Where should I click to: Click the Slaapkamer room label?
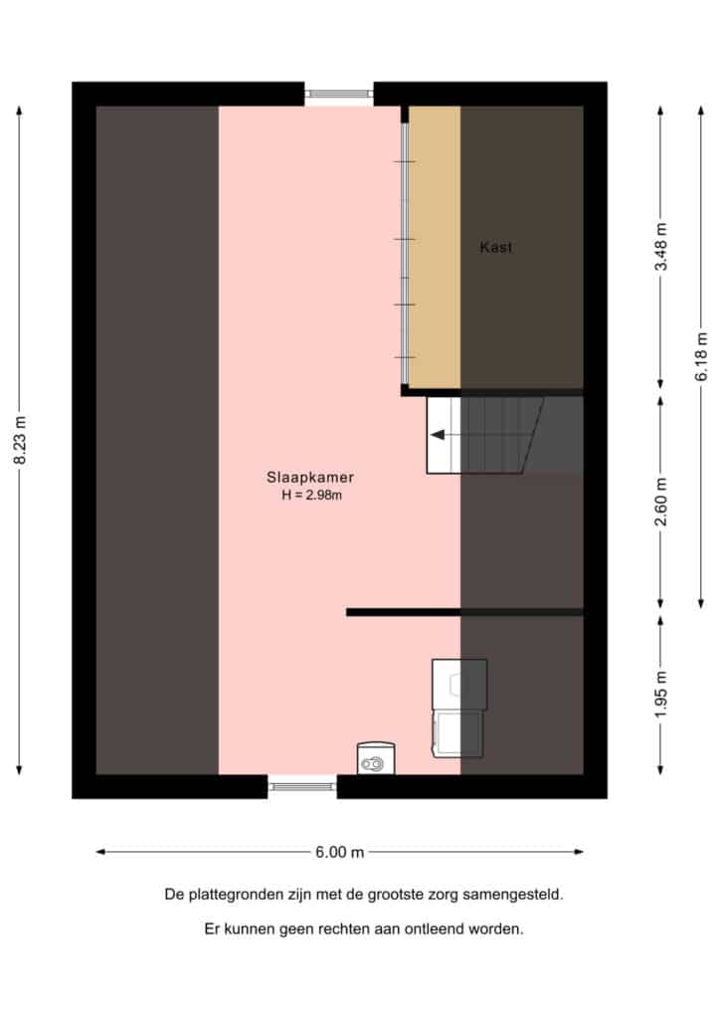coord(310,477)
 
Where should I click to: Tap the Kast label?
coord(496,247)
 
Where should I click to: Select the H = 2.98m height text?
coord(311,496)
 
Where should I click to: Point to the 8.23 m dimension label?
coord(20,441)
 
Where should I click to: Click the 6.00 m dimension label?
coord(339,852)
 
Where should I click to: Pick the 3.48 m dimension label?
coord(661,247)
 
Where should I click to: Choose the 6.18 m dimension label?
coord(701,357)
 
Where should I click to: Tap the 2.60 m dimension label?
coord(661,502)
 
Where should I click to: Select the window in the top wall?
coord(339,95)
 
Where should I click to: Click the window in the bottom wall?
coord(302,786)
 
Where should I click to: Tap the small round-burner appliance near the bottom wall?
coord(376,758)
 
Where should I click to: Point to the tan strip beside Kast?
coord(435,247)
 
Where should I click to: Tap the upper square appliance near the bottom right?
coord(459,685)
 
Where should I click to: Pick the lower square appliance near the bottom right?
coord(457,733)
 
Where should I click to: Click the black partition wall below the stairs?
coord(464,612)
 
